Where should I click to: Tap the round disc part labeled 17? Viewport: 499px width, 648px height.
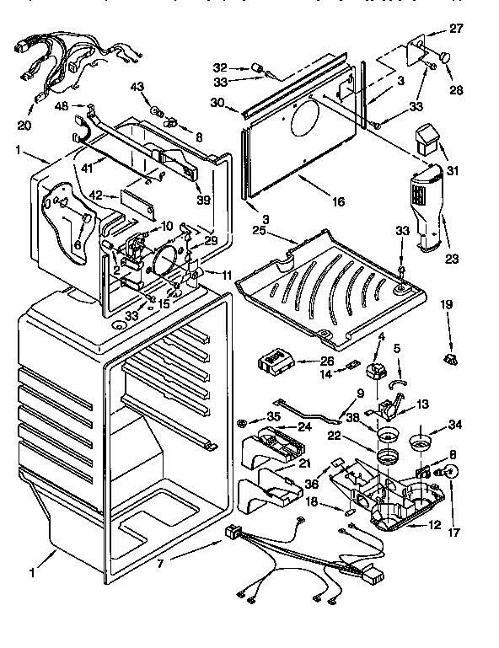[x=452, y=473]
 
